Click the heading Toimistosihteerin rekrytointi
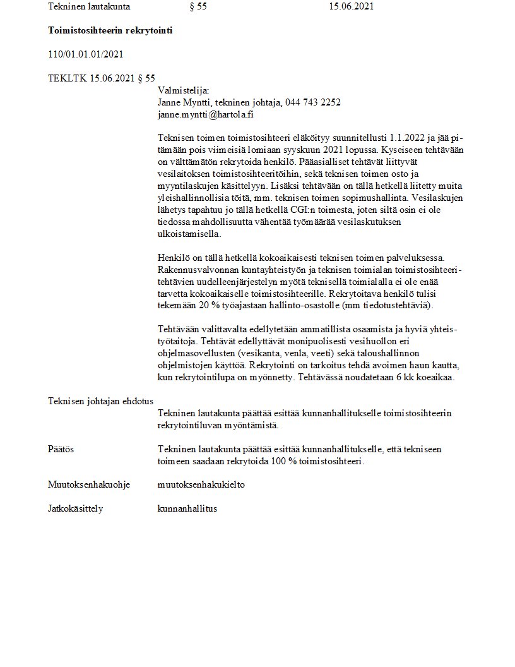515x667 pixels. [110, 30]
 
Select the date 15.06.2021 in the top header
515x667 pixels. [352, 7]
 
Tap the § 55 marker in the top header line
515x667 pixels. [198, 7]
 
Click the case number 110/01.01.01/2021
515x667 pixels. [85, 54]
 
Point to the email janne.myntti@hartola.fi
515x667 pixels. [205, 115]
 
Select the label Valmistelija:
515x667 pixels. [179, 90]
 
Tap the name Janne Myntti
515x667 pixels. [184, 102]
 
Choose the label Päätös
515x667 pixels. [61, 449]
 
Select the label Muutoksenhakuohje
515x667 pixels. [89, 484]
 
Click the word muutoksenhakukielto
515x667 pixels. [201, 484]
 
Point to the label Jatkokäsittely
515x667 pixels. [75, 508]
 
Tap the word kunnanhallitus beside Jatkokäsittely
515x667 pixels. [187, 508]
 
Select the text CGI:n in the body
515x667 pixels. [314, 210]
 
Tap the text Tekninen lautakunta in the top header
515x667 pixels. [89, 7]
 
